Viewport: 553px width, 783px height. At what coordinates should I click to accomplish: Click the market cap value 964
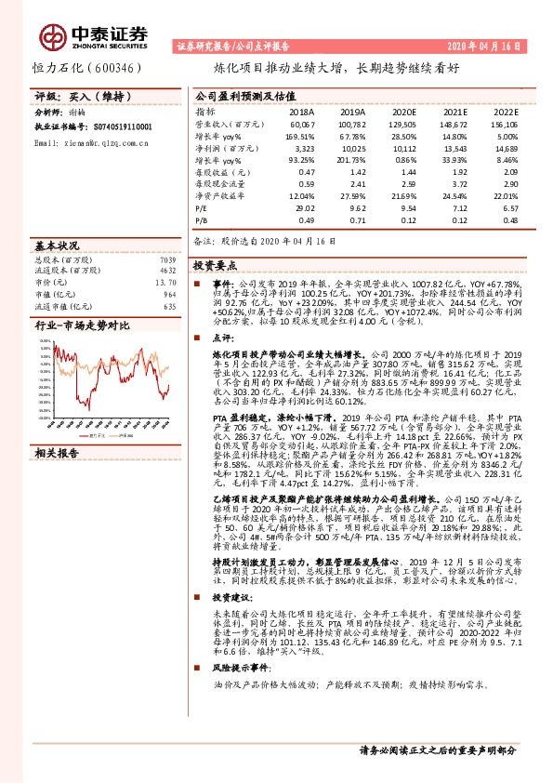click(169, 293)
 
